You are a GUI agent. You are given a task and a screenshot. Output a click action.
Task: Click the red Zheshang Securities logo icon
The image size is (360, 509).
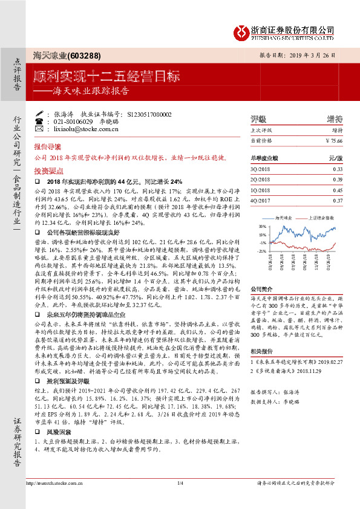241,30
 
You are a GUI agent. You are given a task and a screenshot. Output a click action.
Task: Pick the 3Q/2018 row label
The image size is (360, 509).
259,169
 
